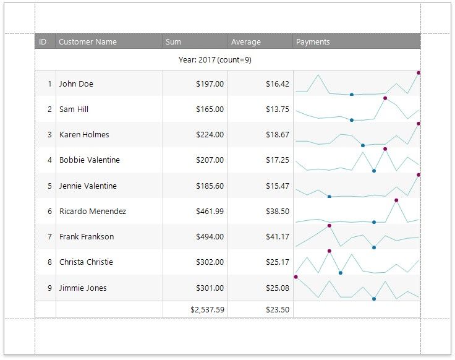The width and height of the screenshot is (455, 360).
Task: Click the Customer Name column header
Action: (x=88, y=42)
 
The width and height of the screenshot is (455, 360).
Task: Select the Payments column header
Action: (x=313, y=42)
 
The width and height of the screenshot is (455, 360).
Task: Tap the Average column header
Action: (x=246, y=42)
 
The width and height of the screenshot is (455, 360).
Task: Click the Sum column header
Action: (x=174, y=42)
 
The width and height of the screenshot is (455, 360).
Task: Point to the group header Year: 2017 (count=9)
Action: (x=215, y=60)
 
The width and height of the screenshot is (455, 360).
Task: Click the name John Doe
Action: (x=76, y=84)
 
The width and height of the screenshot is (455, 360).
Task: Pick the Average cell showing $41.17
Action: (x=278, y=237)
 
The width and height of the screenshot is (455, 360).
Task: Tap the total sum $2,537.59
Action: (x=207, y=310)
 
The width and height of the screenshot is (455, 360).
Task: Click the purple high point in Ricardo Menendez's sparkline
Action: (x=396, y=200)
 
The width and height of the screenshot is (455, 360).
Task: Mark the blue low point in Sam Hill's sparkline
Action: (x=352, y=120)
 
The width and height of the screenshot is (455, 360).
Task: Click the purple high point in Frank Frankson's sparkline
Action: (x=330, y=226)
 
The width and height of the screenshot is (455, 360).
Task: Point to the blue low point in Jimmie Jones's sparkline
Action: (x=374, y=299)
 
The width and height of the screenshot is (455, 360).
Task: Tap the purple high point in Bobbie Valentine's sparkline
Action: (x=385, y=149)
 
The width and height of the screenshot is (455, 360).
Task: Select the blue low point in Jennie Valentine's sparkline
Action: (x=330, y=197)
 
